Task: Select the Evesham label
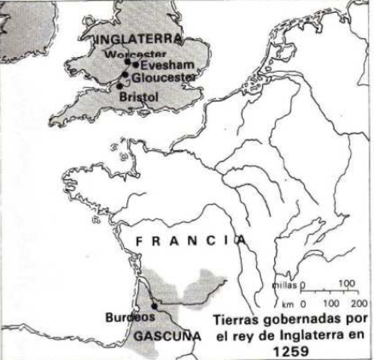161,65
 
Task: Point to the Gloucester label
163,76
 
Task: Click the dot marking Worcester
128,61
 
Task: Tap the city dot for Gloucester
125,75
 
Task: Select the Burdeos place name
127,317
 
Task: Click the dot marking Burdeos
155,305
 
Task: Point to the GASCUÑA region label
167,337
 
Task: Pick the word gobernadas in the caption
294,319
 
